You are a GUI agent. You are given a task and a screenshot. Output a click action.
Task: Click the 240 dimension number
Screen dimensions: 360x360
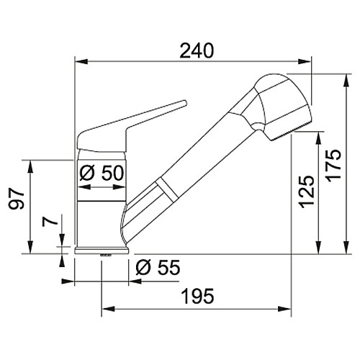point(197,51)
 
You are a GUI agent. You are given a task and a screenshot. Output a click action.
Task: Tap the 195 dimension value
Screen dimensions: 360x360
point(198,296)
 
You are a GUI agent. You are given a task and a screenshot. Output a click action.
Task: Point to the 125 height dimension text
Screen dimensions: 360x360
point(307,192)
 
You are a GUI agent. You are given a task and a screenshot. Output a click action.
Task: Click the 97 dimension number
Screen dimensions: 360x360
point(17,199)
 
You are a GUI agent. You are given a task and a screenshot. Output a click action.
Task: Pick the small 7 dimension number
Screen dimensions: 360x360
point(50,222)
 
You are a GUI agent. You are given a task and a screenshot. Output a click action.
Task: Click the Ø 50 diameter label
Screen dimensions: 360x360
point(102,174)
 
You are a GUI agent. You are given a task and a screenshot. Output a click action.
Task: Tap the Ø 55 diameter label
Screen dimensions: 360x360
point(158,267)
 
